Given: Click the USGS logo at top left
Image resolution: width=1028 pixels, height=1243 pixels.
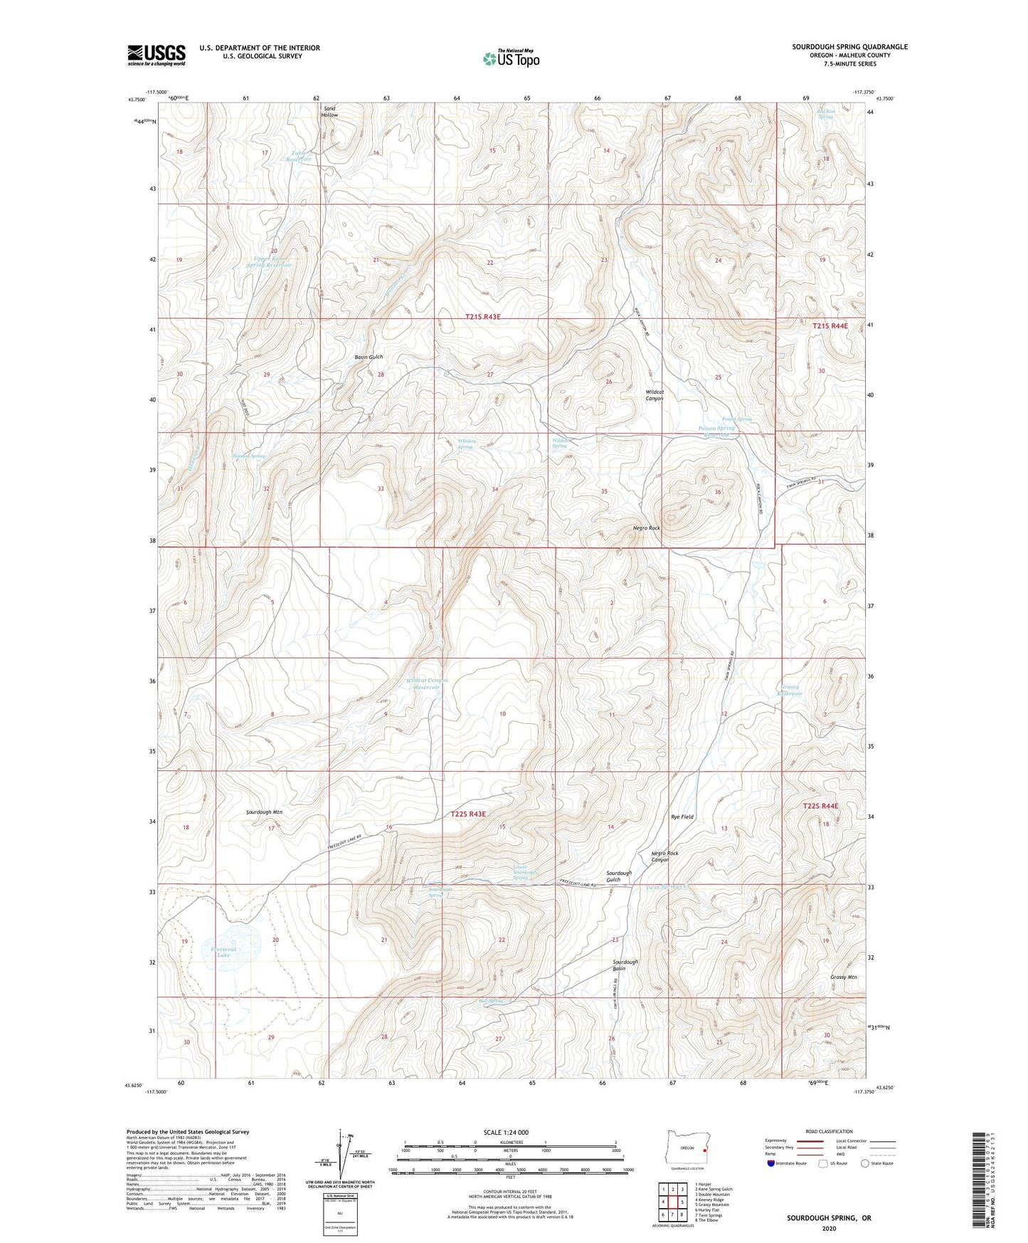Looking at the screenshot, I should point(157,54).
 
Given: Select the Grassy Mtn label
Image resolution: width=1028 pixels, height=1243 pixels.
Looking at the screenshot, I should point(843,977).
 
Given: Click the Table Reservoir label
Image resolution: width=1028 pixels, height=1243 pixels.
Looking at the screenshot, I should point(301,156).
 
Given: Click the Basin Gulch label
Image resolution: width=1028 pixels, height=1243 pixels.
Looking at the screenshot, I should point(369,357).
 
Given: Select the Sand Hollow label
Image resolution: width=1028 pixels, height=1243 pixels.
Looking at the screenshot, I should point(329,112).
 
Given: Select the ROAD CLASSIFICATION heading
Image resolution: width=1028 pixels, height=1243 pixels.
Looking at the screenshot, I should point(829,1131).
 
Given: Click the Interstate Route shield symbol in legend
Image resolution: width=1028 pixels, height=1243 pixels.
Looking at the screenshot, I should point(771,1163).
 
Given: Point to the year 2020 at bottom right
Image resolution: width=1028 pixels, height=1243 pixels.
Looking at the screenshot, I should point(828,1228).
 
